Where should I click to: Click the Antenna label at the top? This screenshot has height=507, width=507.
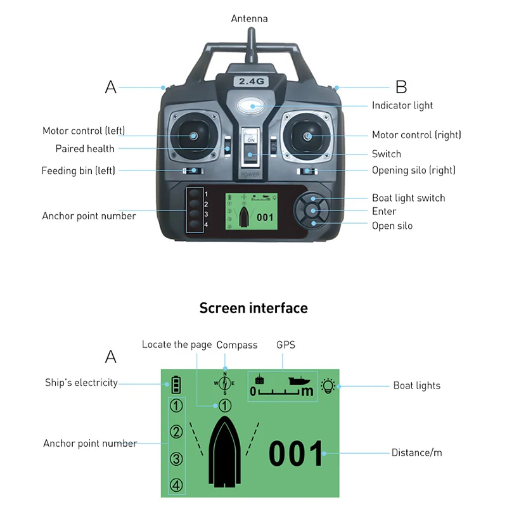click(249, 18)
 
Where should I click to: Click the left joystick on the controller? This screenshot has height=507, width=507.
click(192, 134)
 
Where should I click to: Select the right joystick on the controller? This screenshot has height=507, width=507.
click(307, 136)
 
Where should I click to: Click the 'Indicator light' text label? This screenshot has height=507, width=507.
click(402, 105)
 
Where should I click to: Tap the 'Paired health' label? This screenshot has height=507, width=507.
click(85, 149)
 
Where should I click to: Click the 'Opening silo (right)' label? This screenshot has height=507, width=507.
click(413, 170)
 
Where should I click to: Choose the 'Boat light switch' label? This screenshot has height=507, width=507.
click(408, 198)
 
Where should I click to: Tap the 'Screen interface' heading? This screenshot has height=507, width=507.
click(253, 308)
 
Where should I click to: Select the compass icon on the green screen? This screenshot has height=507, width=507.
click(224, 382)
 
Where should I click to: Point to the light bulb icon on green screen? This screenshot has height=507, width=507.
click(328, 385)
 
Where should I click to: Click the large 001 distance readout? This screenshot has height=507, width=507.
click(297, 454)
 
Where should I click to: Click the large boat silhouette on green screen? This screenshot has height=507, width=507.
click(225, 455)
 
